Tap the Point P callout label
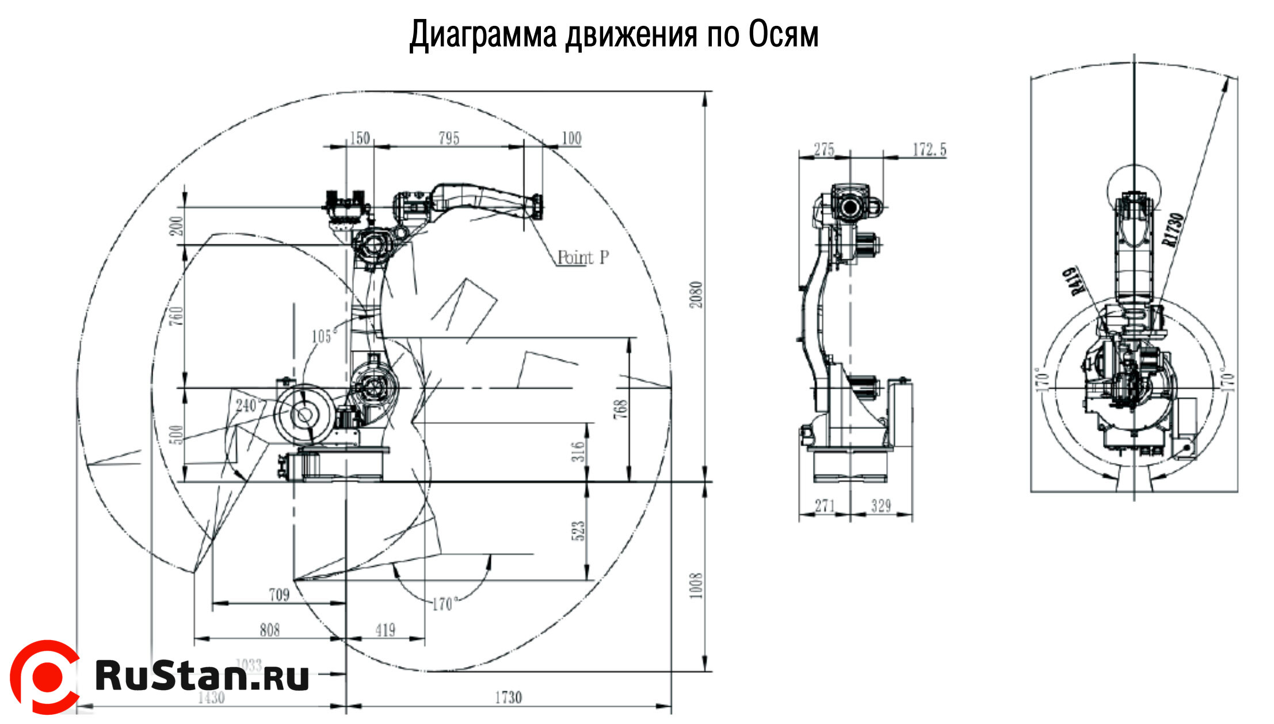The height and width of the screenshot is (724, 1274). coord(583,257)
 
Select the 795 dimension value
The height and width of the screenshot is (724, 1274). coord(449,138)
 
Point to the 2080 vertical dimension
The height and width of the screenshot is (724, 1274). coord(697,294)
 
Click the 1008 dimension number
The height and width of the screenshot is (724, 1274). coord(696,585)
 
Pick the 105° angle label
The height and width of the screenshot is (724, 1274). coord(322,336)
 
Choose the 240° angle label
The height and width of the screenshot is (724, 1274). coord(246,406)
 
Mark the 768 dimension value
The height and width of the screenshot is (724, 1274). coord(621,409)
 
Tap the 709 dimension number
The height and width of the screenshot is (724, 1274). coord(279,595)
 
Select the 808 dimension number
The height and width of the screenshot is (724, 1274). coord(269,630)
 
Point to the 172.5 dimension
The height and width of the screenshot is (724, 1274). coord(929,150)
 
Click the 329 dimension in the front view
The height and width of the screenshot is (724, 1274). coord(881,506)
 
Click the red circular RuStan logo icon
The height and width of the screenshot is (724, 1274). coord(45,677)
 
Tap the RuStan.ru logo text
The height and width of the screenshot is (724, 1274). coord(202,675)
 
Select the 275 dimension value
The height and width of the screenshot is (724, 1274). coord(824,150)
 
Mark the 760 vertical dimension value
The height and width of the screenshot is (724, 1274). coord(178,316)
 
